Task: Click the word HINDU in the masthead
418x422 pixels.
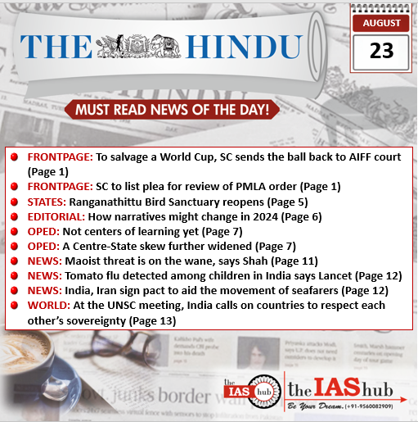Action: (x=231, y=47)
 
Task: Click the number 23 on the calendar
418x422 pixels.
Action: (x=380, y=52)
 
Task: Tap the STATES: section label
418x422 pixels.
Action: (x=47, y=202)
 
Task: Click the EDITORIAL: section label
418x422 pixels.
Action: (x=56, y=216)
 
